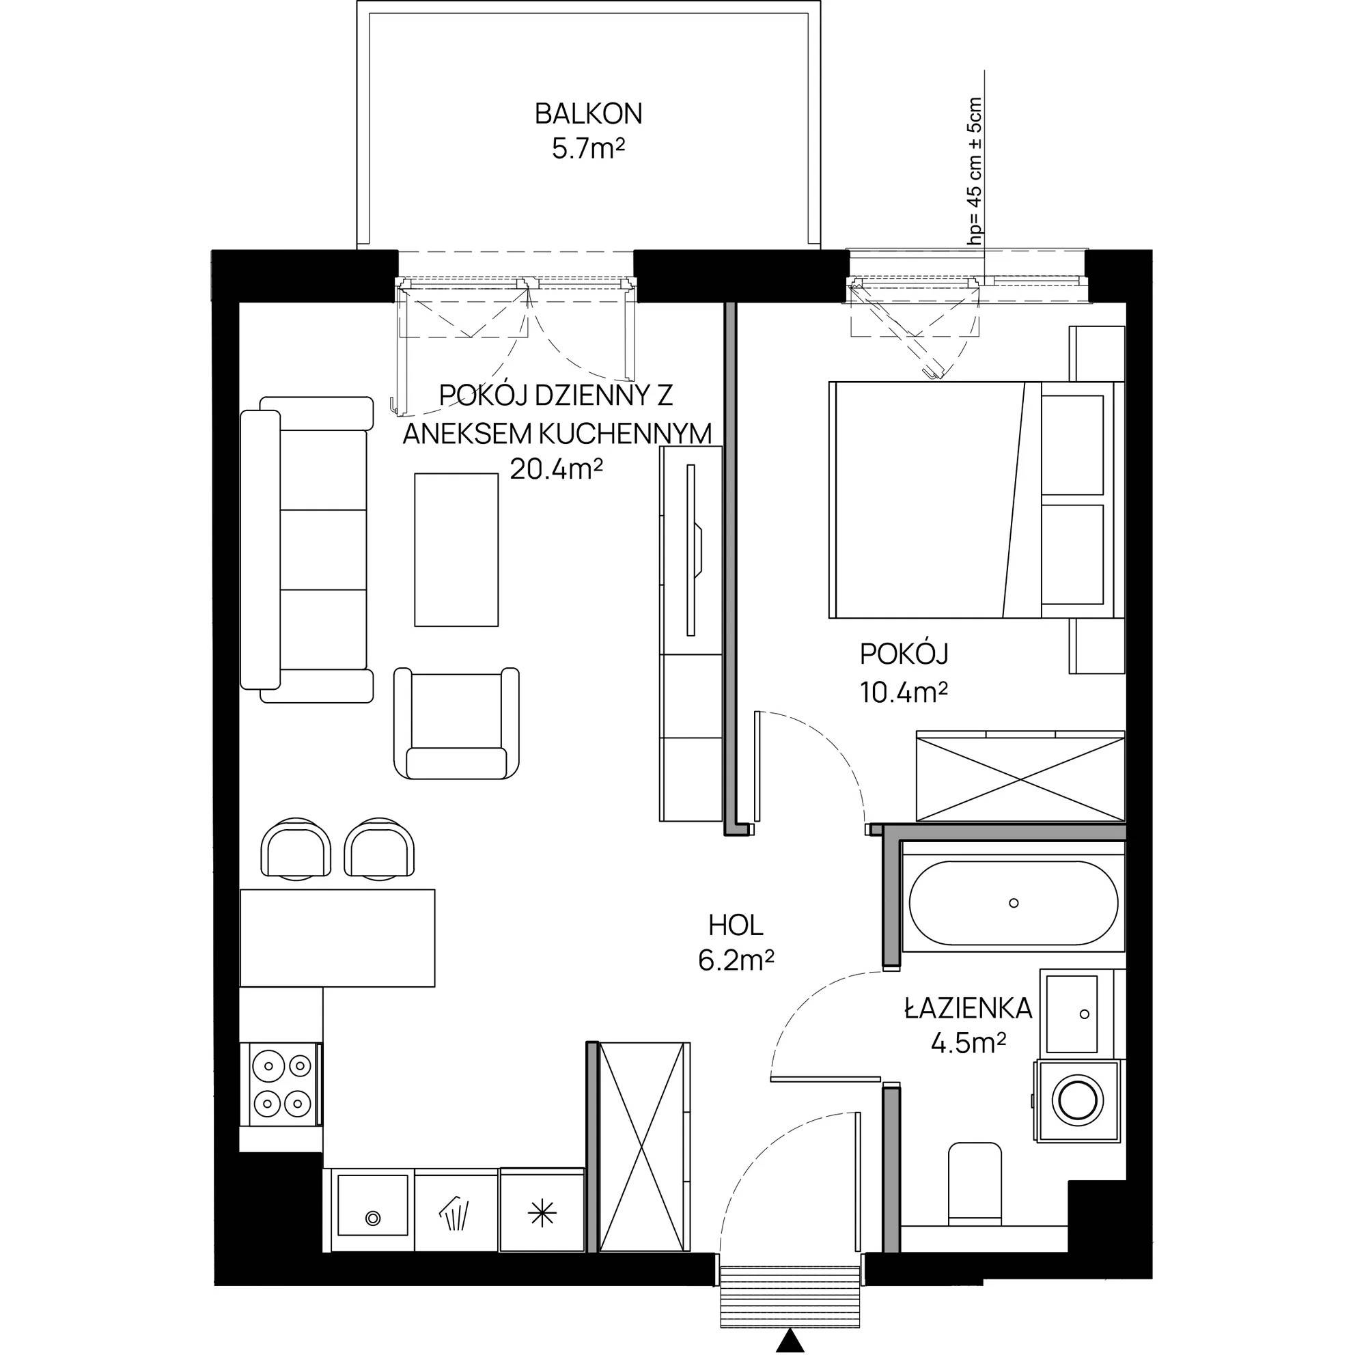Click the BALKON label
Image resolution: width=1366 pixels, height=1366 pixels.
[588, 114]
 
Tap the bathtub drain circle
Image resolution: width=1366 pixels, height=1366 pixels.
[1014, 903]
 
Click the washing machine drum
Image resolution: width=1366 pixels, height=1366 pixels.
[1078, 1100]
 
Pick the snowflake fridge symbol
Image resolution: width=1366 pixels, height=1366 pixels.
[542, 1214]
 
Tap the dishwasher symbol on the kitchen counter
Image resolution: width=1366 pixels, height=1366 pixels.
[457, 1212]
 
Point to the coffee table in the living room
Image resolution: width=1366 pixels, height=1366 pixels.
[456, 549]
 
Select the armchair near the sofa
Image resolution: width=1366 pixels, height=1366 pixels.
[457, 723]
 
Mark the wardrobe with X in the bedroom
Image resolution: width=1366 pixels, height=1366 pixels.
[1020, 777]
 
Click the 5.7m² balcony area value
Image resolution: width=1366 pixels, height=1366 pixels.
[588, 149]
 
